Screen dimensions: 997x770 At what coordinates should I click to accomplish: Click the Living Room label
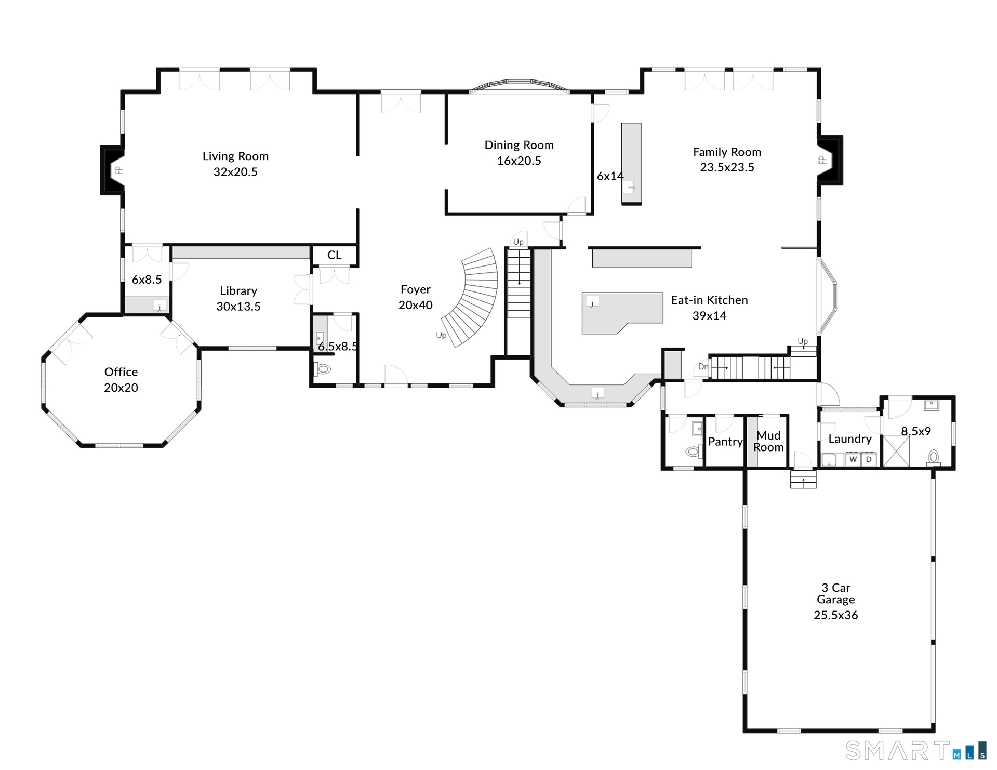(235, 156)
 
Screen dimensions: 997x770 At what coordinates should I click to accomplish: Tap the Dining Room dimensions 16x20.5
(519, 161)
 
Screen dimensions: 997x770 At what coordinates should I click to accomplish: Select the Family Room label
(727, 152)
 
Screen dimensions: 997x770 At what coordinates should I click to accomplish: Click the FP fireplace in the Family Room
(830, 160)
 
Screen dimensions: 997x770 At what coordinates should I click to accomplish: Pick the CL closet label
(334, 255)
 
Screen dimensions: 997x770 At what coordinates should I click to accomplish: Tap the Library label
(238, 291)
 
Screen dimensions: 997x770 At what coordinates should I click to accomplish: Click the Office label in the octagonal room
(121, 372)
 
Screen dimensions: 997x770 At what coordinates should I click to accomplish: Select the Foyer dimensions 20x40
(416, 306)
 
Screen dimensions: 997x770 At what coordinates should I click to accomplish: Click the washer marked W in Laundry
(853, 459)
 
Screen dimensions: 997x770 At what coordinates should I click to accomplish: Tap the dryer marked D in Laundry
(869, 459)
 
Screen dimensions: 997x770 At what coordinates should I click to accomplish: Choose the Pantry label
(725, 442)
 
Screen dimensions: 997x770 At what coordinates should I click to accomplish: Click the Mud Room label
(768, 441)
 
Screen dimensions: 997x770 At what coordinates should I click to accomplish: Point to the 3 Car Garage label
(835, 594)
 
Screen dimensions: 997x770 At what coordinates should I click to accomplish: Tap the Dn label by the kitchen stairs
(703, 367)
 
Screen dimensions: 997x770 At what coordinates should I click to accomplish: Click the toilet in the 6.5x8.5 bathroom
(323, 369)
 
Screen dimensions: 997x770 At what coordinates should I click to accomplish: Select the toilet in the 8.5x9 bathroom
(934, 457)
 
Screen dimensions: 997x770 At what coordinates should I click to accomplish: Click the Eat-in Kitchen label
(709, 300)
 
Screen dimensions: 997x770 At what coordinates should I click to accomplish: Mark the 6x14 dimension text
(610, 177)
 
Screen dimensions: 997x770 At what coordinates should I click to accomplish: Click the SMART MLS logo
(915, 750)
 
